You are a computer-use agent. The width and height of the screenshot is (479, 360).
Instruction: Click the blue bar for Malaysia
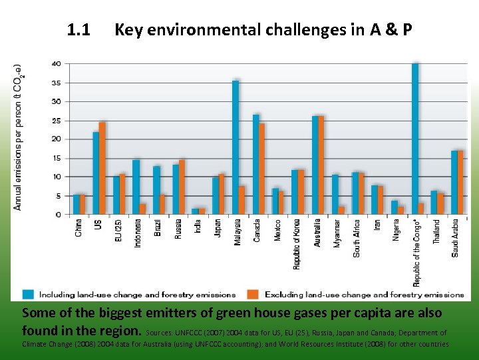coord(236,147)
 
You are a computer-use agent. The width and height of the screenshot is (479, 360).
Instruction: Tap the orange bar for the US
coord(102,168)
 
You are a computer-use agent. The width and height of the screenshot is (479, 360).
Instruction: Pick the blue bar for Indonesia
coord(136,187)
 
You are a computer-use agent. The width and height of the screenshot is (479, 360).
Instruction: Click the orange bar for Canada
coord(261,169)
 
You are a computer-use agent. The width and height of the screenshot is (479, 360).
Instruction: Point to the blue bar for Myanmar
coord(335,194)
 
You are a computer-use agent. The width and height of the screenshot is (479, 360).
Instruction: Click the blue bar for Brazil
coord(156,190)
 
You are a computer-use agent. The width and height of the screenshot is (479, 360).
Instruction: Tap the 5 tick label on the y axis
coord(59,196)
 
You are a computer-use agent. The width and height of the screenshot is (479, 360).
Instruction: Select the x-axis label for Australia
coord(317,233)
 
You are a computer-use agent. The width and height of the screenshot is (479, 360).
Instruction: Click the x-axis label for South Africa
coord(357,238)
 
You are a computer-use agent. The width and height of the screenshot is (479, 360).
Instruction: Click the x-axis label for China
coord(79,228)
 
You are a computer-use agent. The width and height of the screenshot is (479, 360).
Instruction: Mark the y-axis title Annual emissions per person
coord(18,137)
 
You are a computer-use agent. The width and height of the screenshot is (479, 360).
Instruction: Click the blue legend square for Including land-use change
coord(28,294)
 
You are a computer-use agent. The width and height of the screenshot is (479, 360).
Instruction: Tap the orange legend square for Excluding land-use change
coord(253,294)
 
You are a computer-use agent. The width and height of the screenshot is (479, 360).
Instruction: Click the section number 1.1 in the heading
coord(79,30)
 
